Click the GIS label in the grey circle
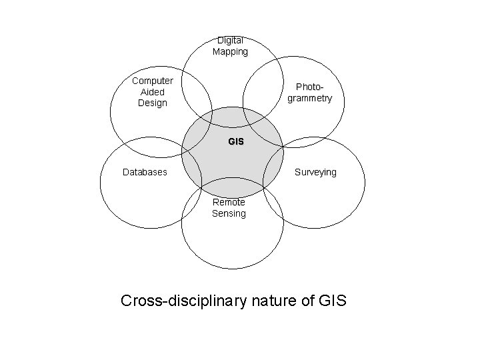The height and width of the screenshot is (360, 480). point(236,142)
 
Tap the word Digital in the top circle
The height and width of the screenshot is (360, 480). point(230,40)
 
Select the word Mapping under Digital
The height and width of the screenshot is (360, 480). point(230,51)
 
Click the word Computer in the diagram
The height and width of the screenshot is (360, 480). point(153,81)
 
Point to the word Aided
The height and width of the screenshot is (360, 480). point(153,92)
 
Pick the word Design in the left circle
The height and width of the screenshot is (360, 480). point(153,103)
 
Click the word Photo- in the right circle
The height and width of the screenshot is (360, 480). point(309,87)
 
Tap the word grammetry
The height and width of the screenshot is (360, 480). point(309,98)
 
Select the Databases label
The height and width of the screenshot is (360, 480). point(145,172)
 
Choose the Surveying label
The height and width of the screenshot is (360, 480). point(315,172)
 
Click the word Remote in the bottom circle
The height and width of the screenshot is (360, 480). point(229,202)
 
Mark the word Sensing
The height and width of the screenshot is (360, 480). point(229,213)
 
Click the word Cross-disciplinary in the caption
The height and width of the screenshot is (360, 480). point(184,301)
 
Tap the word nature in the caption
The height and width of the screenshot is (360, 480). point(273,301)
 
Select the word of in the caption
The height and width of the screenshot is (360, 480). point(306,301)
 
